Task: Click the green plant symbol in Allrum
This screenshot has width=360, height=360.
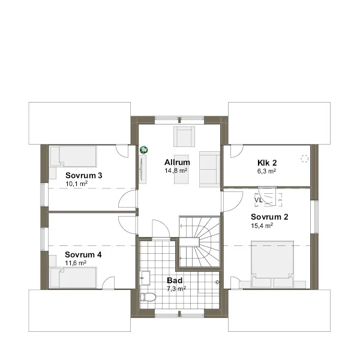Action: (x=144, y=150)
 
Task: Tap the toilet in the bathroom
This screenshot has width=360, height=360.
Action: (x=148, y=297)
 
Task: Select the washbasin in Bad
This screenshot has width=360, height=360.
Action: (x=145, y=278)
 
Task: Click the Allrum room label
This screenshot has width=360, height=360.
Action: (x=177, y=163)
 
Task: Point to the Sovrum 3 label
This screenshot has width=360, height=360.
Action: (x=84, y=175)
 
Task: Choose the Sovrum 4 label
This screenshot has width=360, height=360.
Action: (x=83, y=254)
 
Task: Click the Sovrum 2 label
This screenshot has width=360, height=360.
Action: (x=269, y=217)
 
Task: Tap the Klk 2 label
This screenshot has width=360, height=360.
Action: (x=267, y=163)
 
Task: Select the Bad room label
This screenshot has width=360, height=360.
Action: (x=175, y=280)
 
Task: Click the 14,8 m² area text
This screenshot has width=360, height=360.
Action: (x=176, y=170)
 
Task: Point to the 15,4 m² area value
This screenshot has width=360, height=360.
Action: (x=262, y=226)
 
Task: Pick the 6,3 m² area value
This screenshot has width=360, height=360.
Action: (x=266, y=171)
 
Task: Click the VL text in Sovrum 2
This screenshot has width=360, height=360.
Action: (x=258, y=200)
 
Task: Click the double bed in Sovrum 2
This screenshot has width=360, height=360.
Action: (x=272, y=264)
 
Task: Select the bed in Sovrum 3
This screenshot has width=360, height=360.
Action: (x=73, y=157)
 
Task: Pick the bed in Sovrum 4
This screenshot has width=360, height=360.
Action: (x=73, y=277)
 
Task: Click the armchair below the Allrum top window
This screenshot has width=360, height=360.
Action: (x=184, y=136)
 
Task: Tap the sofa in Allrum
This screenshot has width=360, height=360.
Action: (x=209, y=169)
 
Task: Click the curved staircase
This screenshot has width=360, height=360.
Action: (x=200, y=242)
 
